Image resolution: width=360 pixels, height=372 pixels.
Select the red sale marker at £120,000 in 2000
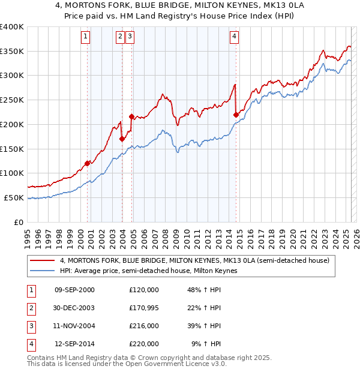(88, 163)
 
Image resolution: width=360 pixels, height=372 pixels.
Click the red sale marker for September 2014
(236, 114)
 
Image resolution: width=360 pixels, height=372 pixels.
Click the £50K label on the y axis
(14, 197)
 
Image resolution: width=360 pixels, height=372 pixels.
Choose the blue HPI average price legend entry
(148, 271)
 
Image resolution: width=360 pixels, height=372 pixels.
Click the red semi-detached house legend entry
(194, 261)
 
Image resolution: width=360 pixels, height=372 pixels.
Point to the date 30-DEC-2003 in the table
(74, 308)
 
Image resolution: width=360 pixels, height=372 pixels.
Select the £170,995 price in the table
(144, 308)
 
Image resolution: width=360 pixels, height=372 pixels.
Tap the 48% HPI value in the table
(205, 290)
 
